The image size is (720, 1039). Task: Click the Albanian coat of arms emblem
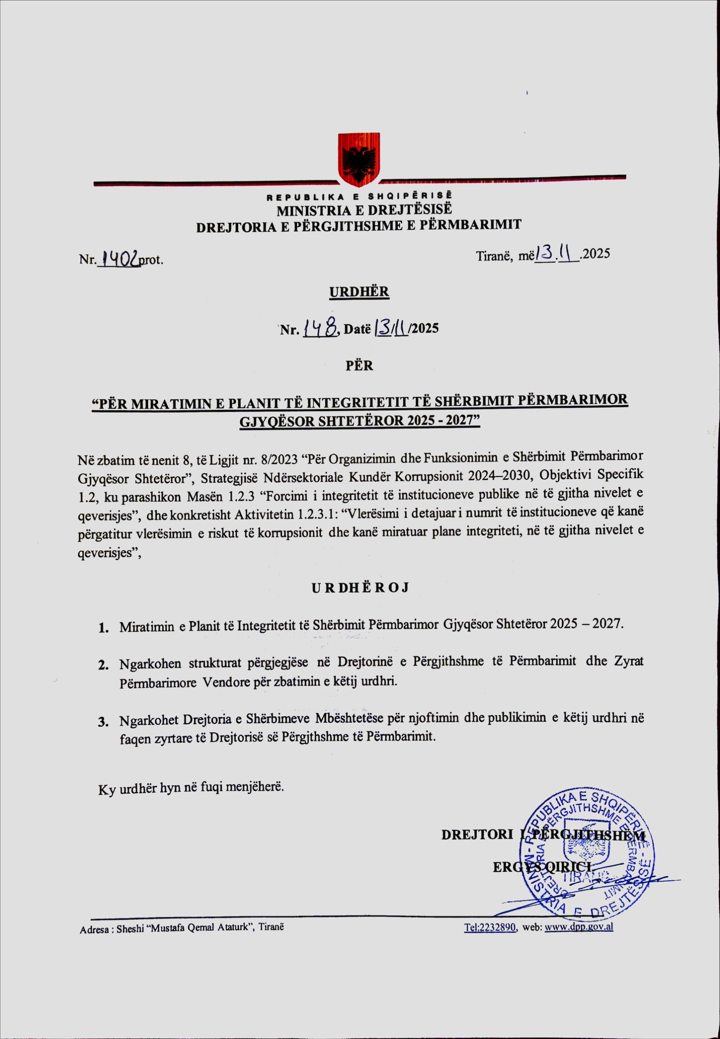359,160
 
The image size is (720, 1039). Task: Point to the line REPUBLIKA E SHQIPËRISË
359,197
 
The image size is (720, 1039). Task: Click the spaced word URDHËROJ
360,588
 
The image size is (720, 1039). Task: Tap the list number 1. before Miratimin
104,628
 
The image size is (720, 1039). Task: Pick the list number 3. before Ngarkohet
104,722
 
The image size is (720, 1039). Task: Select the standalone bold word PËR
359,366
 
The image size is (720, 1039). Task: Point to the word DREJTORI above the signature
477,834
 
